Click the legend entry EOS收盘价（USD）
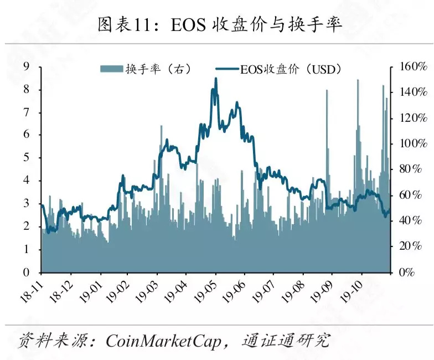(282, 69)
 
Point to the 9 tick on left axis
(26, 67)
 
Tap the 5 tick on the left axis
(26, 158)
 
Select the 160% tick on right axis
(409, 67)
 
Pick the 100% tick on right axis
(409, 144)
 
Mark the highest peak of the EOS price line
(215, 79)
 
